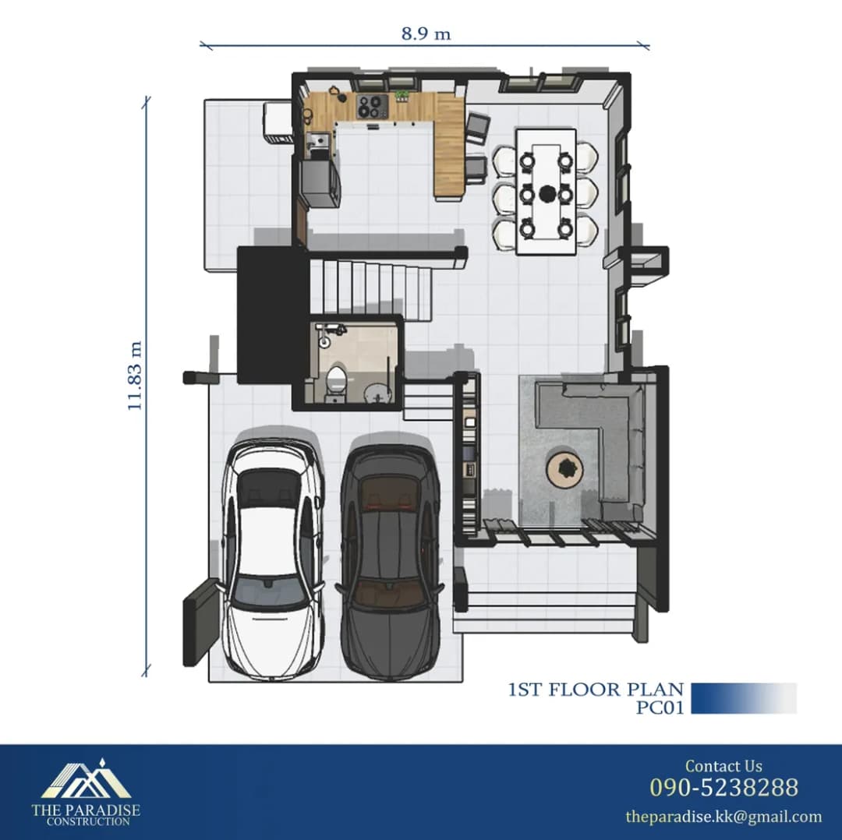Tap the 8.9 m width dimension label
tap(426, 34)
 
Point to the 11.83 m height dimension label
tap(135, 376)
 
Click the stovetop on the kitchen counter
tap(372, 106)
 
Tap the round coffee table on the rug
tap(565, 468)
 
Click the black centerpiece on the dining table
tap(547, 192)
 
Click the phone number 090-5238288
tap(723, 787)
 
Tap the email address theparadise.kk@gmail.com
tap(723, 817)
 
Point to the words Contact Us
tap(723, 766)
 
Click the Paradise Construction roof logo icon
tap(86, 778)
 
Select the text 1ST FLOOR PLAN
tap(596, 690)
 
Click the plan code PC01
tap(660, 708)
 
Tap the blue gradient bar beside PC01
tap(744, 698)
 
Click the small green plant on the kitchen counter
tap(402, 96)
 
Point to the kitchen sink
tap(318, 140)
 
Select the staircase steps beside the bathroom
tap(371, 291)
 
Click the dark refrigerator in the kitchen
tap(320, 183)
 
